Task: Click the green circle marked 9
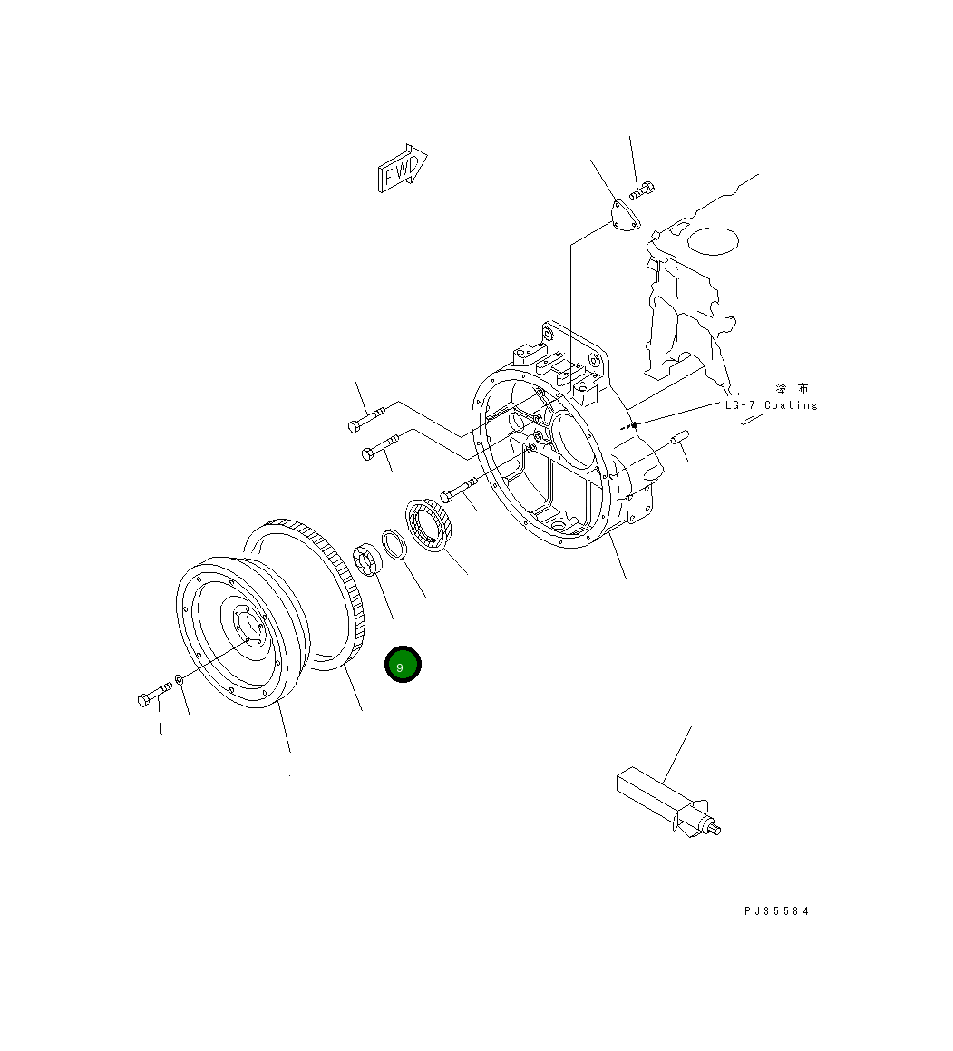pos(403,665)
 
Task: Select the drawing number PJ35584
pos(776,911)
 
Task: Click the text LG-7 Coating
pos(771,405)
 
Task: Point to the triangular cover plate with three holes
pos(621,218)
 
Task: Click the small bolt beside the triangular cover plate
pos(642,190)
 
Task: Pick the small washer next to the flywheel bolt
pos(180,679)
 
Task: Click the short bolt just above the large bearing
pos(459,492)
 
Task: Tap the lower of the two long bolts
pos(380,447)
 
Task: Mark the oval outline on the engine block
pos(714,240)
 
